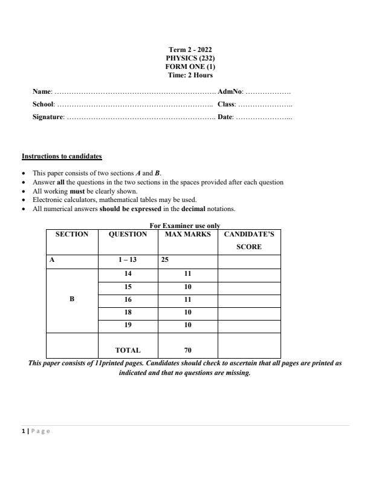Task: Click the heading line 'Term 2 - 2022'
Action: coord(190,50)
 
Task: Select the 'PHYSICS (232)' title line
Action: coord(190,58)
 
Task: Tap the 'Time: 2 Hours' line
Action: coord(190,75)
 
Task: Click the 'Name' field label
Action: coord(42,92)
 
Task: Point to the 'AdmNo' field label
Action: coord(230,92)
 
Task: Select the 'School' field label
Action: coord(44,104)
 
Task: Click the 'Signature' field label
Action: coord(48,117)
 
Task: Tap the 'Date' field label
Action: coord(224,117)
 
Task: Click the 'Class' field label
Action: coord(226,104)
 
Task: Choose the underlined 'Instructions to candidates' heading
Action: coord(62,156)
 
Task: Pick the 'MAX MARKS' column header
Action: coord(187,234)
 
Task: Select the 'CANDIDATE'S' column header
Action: coord(248,234)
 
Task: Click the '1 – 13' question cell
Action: coord(128,261)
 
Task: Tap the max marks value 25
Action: coord(164,261)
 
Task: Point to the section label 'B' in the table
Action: coord(72,299)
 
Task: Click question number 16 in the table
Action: coord(128,299)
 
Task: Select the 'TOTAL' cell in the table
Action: coord(128,350)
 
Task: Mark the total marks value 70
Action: coord(187,350)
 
